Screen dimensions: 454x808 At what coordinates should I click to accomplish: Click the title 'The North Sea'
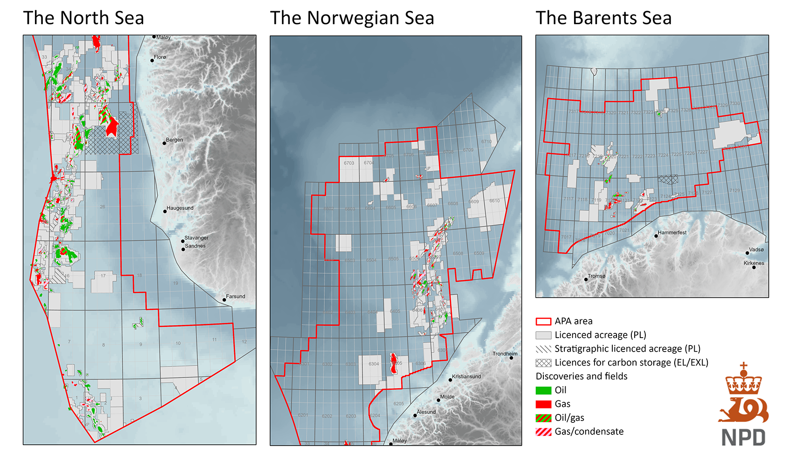point(83,18)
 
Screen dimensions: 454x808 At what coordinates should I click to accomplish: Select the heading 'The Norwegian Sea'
point(352,18)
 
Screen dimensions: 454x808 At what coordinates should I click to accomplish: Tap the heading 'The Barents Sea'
point(603,18)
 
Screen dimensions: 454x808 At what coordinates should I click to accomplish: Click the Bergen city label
point(174,140)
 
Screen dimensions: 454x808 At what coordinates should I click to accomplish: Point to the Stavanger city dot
point(183,241)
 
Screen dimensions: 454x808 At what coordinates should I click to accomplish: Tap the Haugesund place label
point(180,208)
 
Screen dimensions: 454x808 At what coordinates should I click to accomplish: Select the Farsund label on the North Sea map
point(235,296)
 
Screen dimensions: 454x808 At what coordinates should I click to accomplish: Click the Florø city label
point(160,57)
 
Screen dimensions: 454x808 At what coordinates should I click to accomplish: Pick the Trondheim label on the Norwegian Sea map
point(505,354)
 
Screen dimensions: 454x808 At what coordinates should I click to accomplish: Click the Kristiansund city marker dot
point(450,380)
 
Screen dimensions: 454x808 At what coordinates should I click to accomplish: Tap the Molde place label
point(447,397)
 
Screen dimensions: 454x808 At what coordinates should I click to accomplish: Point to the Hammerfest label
point(672,232)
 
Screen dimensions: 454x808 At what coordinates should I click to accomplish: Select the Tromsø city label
point(596,276)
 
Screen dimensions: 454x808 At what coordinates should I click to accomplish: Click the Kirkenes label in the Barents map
point(753,263)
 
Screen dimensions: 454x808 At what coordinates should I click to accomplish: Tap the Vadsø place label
point(756,250)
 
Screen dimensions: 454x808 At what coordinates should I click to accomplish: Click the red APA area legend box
point(543,321)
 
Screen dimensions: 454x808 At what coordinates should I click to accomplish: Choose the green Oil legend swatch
point(543,390)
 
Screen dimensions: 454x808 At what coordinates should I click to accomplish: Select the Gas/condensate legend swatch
point(543,432)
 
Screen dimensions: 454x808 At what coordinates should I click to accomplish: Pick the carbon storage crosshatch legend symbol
point(543,363)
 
